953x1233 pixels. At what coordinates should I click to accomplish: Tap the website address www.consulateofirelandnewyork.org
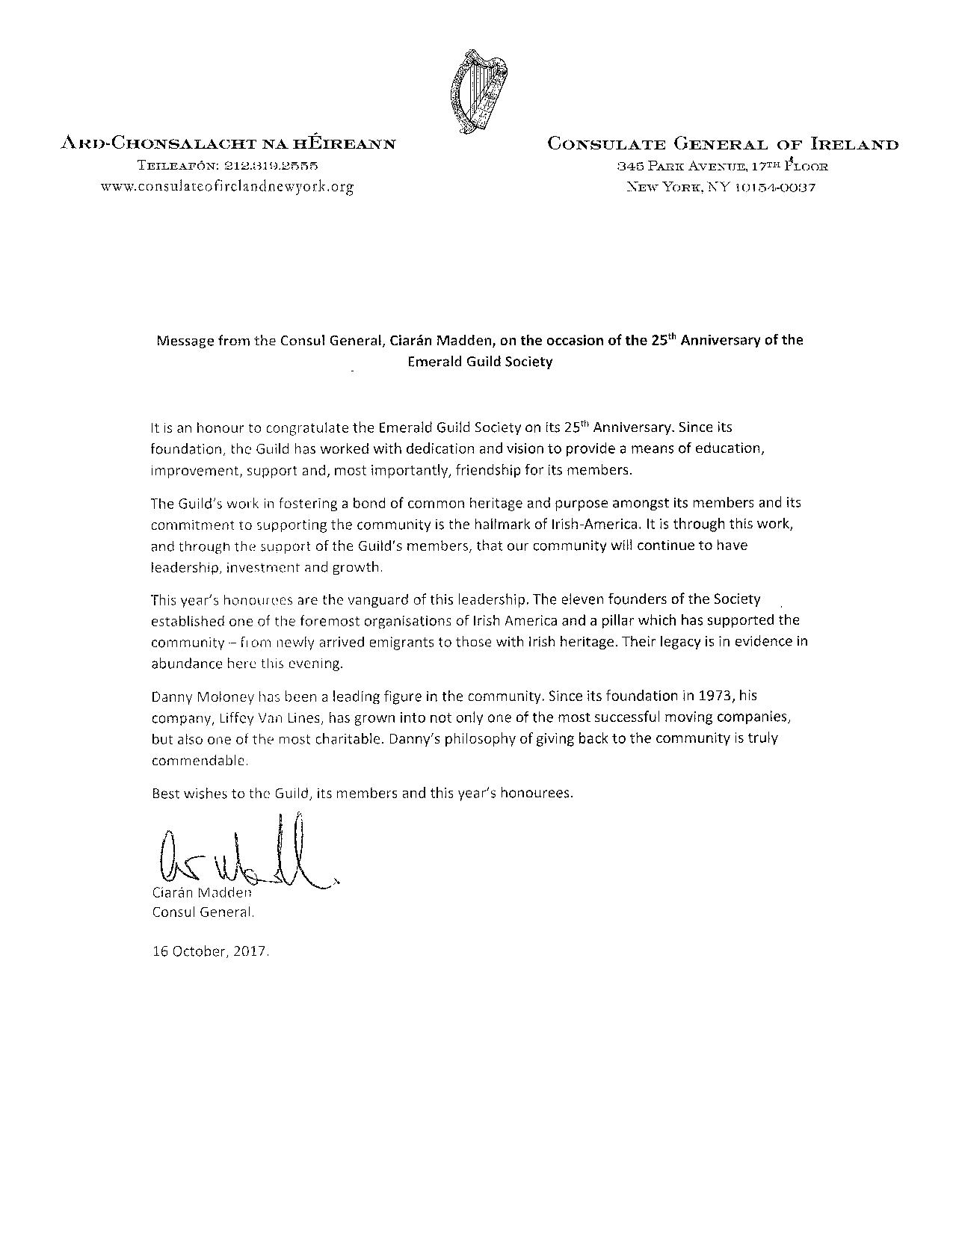point(227,187)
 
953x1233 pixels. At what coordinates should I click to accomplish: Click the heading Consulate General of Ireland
point(723,144)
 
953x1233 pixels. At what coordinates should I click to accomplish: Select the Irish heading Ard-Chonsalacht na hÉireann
point(227,144)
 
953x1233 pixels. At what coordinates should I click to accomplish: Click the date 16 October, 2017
point(210,953)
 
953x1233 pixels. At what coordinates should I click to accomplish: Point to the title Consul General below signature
point(203,912)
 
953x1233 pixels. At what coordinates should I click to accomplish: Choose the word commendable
point(199,761)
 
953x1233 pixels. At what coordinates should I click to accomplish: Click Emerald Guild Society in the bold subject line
point(480,362)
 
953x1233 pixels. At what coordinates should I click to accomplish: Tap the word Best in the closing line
point(165,793)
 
